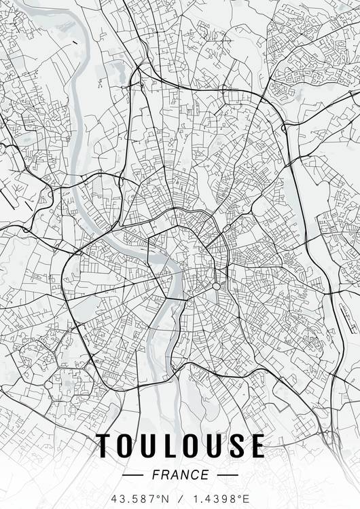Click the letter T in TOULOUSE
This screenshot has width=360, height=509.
tap(106, 446)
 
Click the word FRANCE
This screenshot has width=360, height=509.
tap(181, 474)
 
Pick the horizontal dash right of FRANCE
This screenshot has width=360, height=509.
tap(226, 474)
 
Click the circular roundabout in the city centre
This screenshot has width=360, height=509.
tap(216, 286)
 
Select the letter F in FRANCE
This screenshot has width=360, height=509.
tap(157, 474)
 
